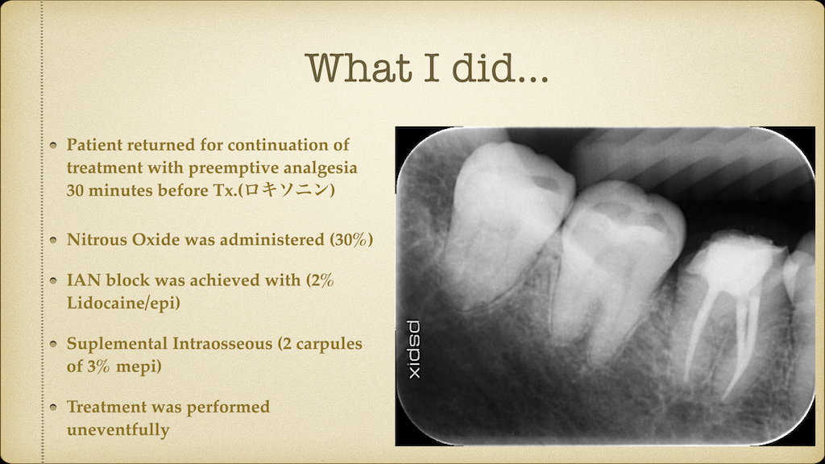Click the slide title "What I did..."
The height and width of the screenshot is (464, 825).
(427, 68)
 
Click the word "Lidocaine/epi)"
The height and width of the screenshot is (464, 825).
(123, 303)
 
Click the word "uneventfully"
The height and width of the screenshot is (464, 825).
(118, 430)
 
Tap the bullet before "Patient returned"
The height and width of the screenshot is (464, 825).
(53, 145)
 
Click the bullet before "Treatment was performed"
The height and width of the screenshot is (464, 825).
(53, 407)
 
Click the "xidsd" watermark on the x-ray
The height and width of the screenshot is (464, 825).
(414, 350)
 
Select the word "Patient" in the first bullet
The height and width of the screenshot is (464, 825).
(94, 145)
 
